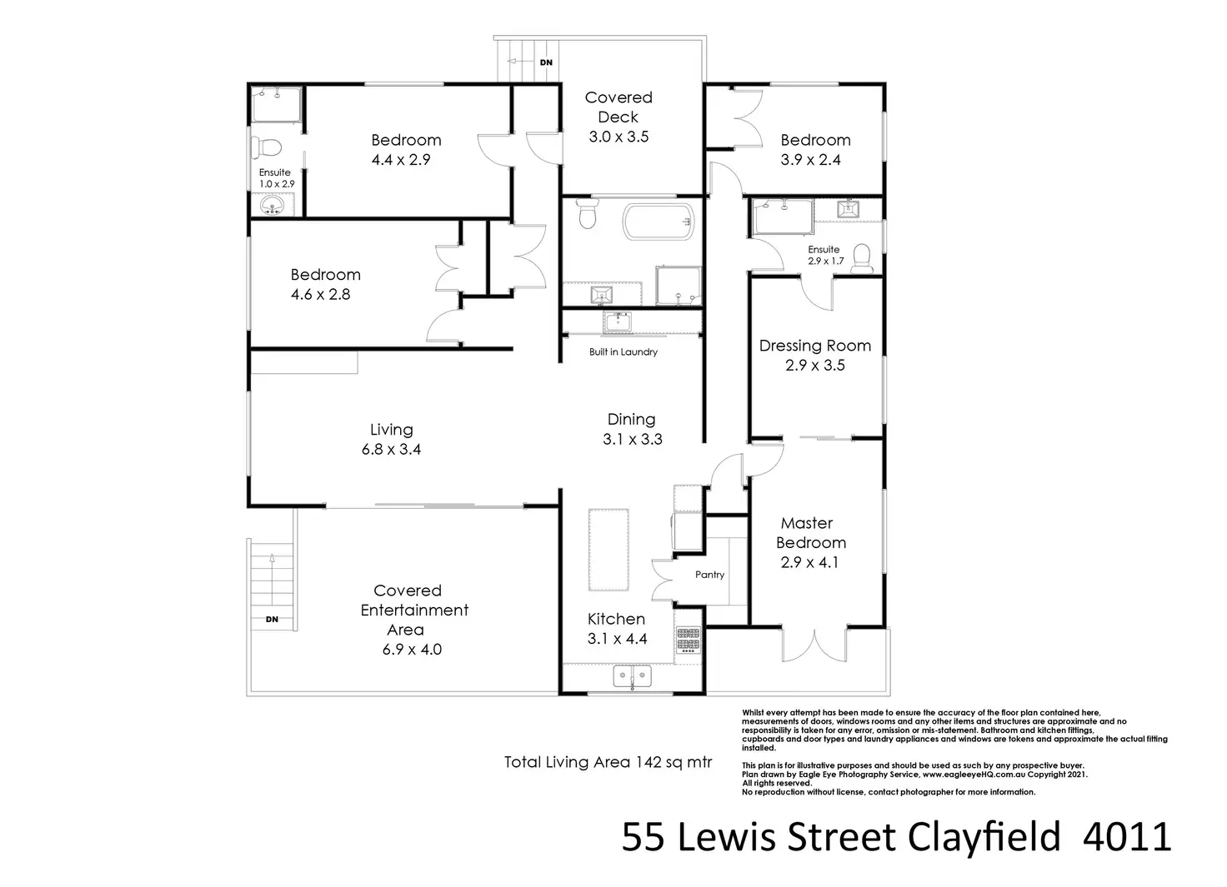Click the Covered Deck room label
pyautogui.click(x=618, y=107)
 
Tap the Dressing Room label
pyautogui.click(x=814, y=346)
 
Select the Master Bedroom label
pyautogui.click(x=810, y=533)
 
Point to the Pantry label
pyautogui.click(x=709, y=575)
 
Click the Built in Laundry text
pyautogui.click(x=623, y=352)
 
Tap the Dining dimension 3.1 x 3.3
pyautogui.click(x=632, y=440)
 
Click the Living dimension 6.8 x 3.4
pyautogui.click(x=391, y=450)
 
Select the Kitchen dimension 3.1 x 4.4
pyautogui.click(x=617, y=640)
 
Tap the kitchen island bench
pyautogui.click(x=608, y=549)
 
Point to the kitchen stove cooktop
pyautogui.click(x=688, y=640)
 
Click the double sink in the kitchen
pyautogui.click(x=632, y=675)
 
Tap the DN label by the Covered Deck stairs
pyautogui.click(x=546, y=62)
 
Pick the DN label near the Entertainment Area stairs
pyautogui.click(x=272, y=620)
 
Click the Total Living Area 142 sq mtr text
pyautogui.click(x=608, y=762)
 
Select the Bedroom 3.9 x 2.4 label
pyautogui.click(x=814, y=140)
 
